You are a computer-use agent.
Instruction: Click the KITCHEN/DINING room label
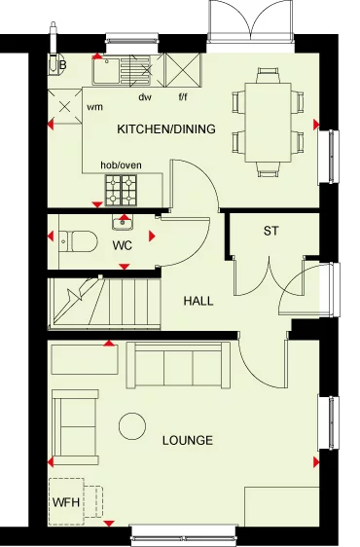(165, 129)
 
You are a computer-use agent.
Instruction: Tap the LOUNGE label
(187, 441)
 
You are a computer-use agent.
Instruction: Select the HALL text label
(198, 301)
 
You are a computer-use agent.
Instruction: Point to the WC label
(123, 244)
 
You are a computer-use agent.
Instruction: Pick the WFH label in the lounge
(64, 503)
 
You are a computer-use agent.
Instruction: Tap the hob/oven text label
(121, 165)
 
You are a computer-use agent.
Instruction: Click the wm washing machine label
(95, 107)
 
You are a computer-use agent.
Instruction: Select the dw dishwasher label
(146, 97)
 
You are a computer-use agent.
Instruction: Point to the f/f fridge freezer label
(183, 97)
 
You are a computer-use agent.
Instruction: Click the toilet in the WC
(75, 238)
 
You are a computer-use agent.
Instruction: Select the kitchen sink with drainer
(123, 70)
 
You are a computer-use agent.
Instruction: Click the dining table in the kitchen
(266, 125)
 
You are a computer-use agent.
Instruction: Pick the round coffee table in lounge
(132, 424)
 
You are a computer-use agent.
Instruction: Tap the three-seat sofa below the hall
(178, 365)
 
